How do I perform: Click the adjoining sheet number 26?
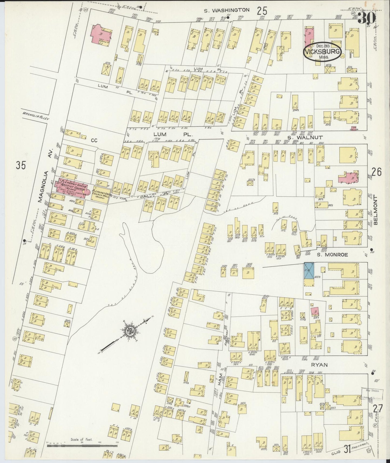point(377,172)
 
